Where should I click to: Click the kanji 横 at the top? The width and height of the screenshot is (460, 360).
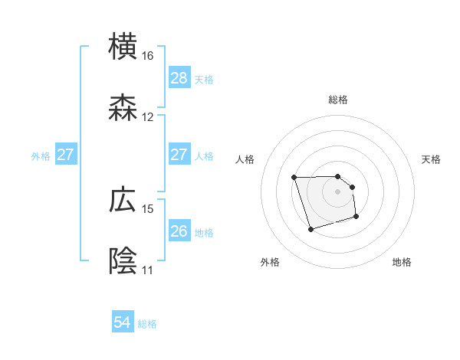[124, 46]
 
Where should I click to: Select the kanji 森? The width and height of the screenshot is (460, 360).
[124, 110]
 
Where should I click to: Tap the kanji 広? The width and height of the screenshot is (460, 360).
[124, 201]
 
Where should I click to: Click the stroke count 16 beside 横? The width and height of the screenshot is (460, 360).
[148, 56]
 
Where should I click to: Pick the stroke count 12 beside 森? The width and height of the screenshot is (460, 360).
[148, 117]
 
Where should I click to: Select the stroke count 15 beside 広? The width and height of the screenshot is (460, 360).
[148, 208]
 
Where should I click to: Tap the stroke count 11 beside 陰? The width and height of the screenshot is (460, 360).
[148, 270]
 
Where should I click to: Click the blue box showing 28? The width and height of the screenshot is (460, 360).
[179, 78]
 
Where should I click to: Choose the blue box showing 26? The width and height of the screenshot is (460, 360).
[179, 231]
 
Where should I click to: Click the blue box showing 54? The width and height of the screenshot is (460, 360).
[123, 323]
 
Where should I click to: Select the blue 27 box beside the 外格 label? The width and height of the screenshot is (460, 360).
[65, 155]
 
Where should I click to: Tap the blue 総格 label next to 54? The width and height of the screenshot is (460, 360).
[147, 324]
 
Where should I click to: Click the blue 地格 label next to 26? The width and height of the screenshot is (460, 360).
[204, 232]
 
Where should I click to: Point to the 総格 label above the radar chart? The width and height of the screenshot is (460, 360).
[338, 100]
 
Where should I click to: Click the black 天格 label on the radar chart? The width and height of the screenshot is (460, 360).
[432, 159]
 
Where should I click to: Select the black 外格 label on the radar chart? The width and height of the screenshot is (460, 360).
[270, 262]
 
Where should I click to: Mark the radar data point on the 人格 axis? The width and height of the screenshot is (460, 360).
[294, 178]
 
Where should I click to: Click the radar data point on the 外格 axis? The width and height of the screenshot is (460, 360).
[310, 228]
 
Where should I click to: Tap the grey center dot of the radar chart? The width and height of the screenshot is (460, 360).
[338, 191]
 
